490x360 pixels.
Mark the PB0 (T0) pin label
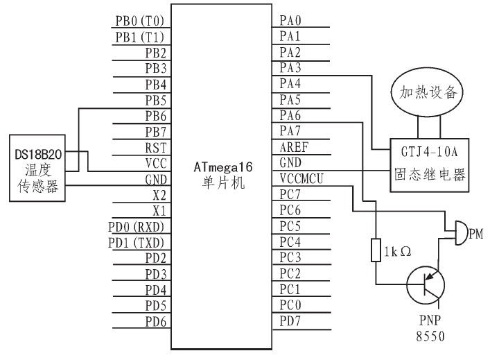(x=140, y=21)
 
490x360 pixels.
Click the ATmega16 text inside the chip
(x=221, y=167)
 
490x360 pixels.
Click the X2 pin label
(x=159, y=194)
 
